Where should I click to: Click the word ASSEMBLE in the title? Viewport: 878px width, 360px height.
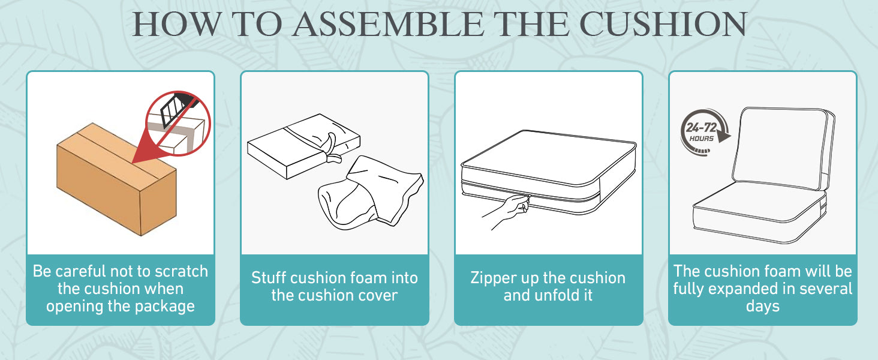pyautogui.click(x=389, y=25)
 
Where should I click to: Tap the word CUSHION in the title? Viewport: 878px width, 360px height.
pyautogui.click(x=663, y=25)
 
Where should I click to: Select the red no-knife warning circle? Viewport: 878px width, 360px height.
pyautogui.click(x=178, y=123)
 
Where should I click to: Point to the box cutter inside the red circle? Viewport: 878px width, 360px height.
pyautogui.click(x=178, y=108)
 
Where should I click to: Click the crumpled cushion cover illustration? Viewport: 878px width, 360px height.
pyautogui.click(x=371, y=192)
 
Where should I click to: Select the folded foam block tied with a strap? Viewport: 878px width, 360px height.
pyautogui.click(x=304, y=146)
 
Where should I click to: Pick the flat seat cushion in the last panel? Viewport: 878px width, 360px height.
pyautogui.click(x=759, y=212)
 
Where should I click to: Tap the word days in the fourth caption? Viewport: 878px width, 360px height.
pyautogui.click(x=763, y=307)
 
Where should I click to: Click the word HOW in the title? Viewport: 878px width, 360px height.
pyautogui.click(x=177, y=25)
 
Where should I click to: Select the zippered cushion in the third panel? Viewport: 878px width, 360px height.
pyautogui.click(x=548, y=173)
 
